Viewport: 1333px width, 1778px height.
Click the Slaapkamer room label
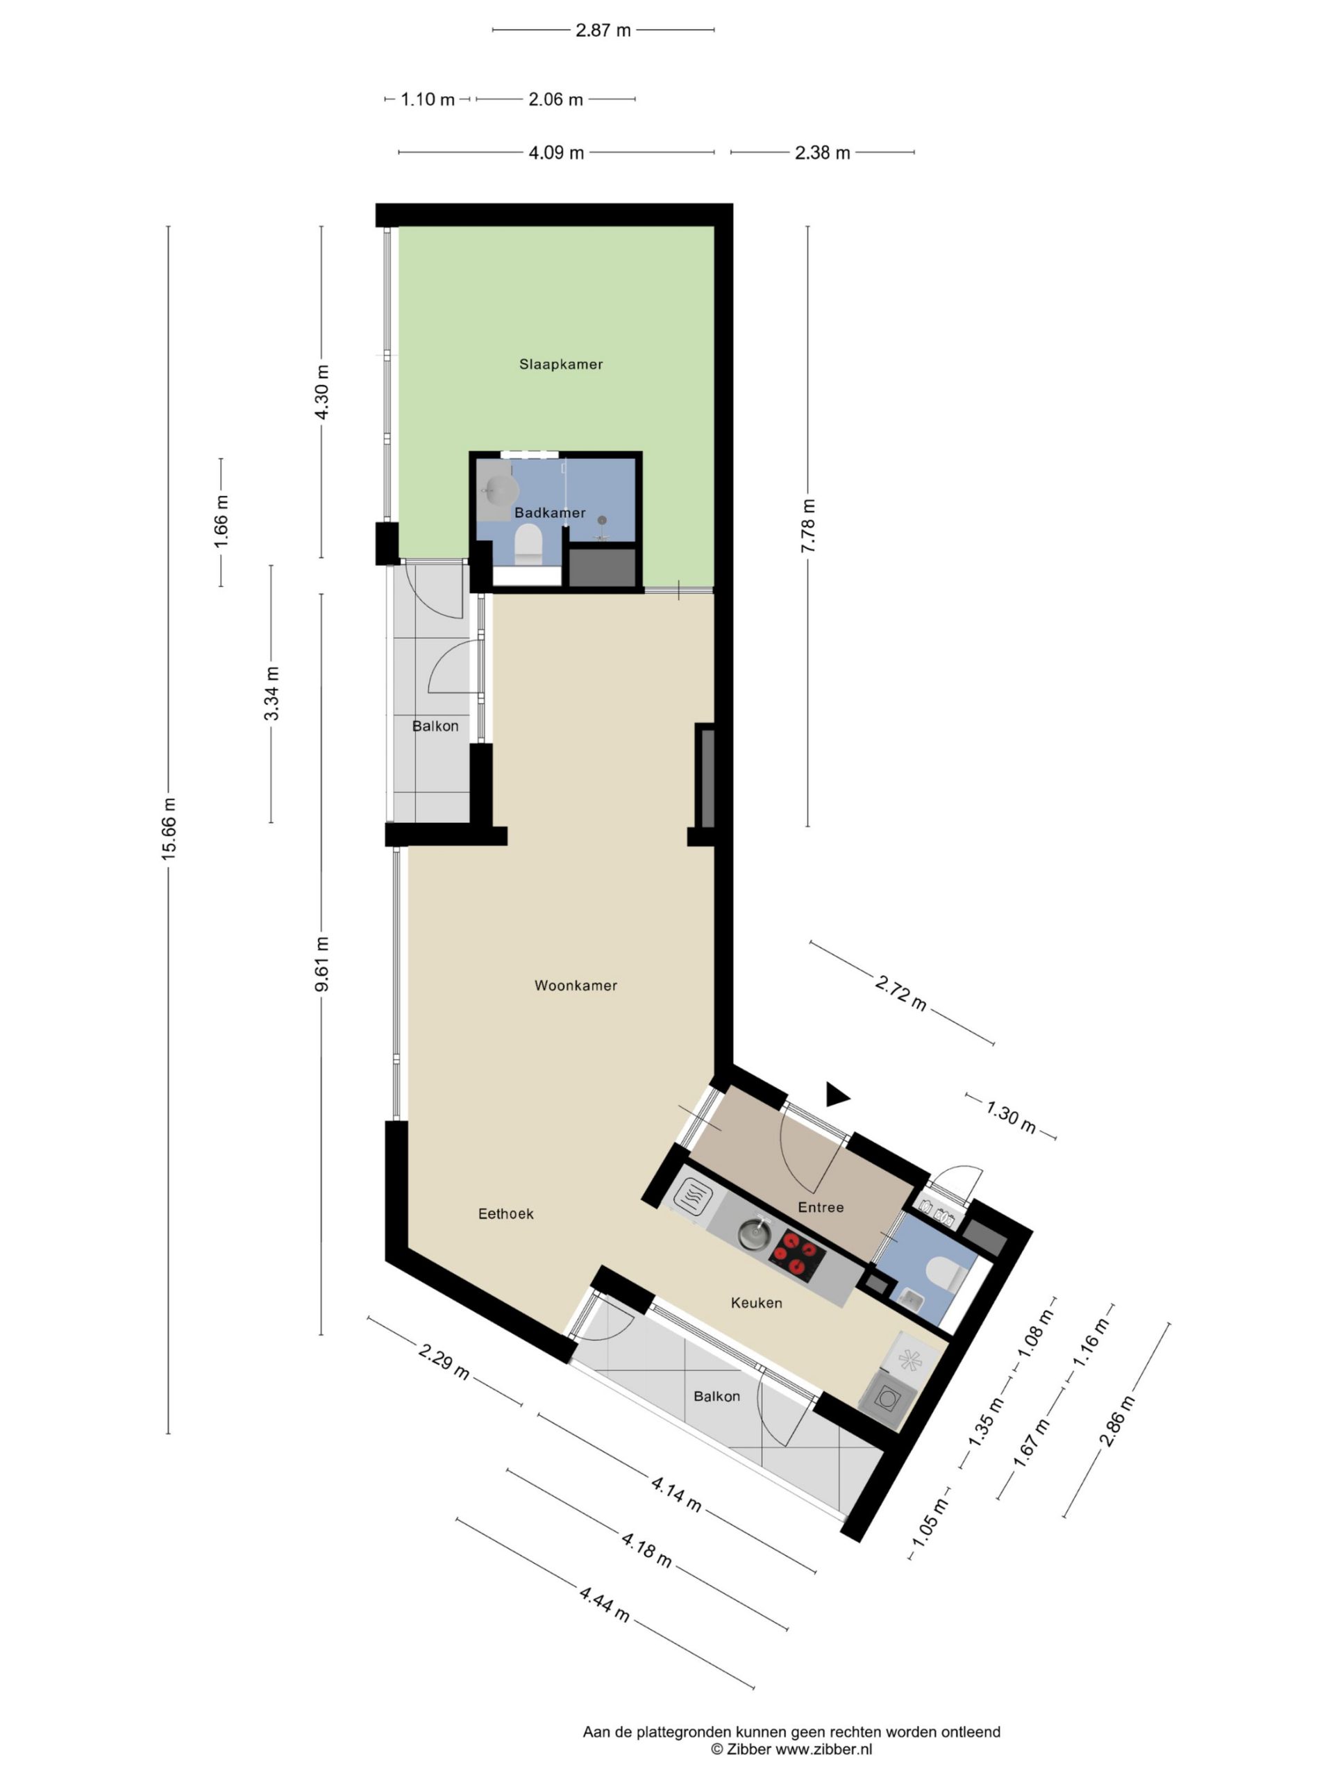click(560, 364)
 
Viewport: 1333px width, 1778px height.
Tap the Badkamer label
click(550, 512)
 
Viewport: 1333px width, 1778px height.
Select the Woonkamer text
click(576, 986)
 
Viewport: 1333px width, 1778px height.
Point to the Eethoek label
click(505, 1214)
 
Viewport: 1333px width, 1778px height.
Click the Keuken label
click(756, 1303)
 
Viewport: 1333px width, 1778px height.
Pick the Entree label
click(821, 1207)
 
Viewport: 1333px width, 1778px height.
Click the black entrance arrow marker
click(837, 1095)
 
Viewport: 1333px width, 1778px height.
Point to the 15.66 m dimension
click(168, 829)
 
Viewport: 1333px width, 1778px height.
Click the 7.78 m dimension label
click(808, 526)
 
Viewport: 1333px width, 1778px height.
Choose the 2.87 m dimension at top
click(603, 31)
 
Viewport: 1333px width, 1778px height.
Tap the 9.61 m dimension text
click(321, 964)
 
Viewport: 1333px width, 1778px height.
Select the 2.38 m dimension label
click(822, 153)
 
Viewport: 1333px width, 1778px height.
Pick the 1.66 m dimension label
click(221, 522)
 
